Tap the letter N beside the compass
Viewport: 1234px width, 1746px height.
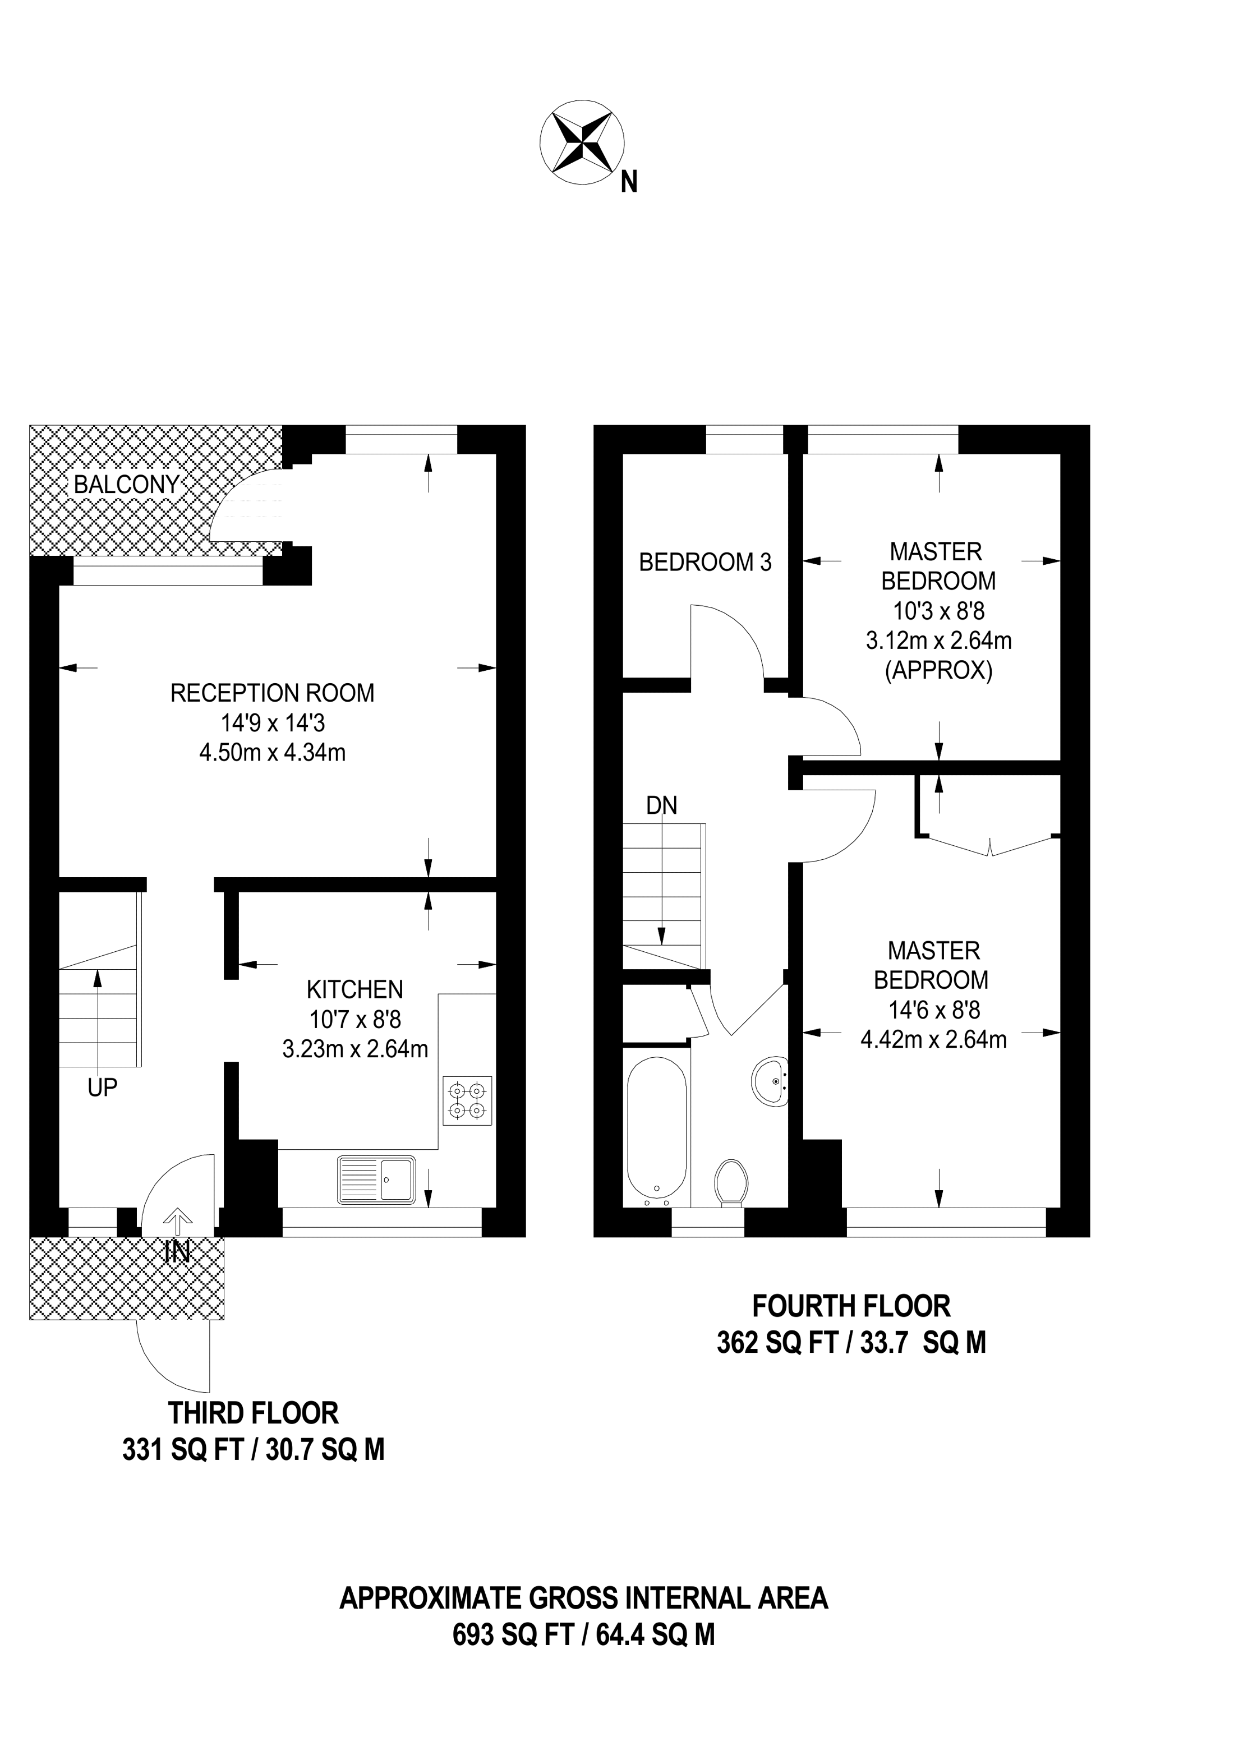coord(629,182)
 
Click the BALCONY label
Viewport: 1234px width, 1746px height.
coord(126,485)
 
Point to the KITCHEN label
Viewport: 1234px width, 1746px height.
coord(354,989)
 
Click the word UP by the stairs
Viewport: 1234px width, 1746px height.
coord(103,1088)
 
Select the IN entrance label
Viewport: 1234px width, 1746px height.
coord(177,1252)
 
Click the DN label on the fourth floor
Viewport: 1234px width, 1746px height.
coord(661,805)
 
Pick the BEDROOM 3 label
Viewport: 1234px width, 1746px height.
coord(705,562)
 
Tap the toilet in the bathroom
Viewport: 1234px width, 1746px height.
coord(731,1182)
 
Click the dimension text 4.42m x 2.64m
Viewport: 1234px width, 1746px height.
coord(934,1039)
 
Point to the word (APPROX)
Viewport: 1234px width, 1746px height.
coord(939,671)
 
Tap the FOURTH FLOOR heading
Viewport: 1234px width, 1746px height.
coord(851,1306)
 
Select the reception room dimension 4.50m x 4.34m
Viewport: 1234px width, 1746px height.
coord(272,752)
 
